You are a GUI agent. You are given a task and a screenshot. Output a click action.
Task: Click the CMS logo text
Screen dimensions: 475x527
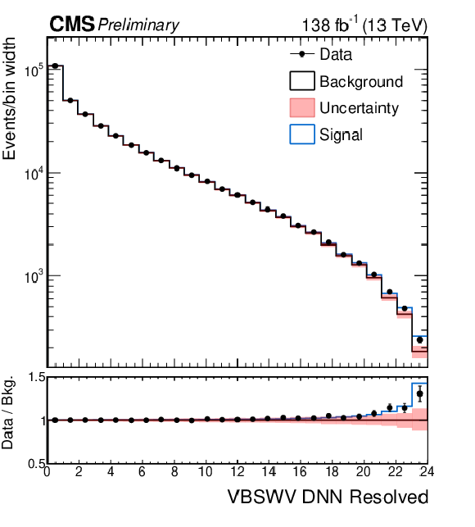coord(72,25)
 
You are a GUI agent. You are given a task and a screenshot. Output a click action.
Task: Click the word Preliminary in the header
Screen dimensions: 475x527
coord(138,25)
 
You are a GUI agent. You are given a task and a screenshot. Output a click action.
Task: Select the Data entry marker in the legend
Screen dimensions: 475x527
coord(301,54)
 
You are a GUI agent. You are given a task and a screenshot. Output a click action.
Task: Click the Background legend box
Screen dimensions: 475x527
coord(302,80)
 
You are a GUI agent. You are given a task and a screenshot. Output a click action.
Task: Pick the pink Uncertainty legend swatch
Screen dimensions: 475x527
coord(302,107)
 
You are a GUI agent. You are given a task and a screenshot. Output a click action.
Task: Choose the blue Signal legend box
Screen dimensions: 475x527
coord(302,134)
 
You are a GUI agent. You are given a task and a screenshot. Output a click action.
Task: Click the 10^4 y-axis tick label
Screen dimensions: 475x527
coord(34,174)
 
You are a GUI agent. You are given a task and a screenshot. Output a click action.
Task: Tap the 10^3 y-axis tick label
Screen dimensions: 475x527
coord(34,276)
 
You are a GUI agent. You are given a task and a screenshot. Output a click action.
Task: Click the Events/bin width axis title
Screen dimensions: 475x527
coord(9,98)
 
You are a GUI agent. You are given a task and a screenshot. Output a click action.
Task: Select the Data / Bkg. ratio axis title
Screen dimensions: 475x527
coord(8,412)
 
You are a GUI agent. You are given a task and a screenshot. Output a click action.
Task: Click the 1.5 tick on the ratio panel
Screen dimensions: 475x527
coord(36,377)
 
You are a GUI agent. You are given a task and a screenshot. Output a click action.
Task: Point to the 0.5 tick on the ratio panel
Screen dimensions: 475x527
coord(36,464)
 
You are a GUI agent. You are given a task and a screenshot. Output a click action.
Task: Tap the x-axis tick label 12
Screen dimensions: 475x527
coord(237,472)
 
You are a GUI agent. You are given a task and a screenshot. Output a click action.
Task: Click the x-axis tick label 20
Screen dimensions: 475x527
coord(363,472)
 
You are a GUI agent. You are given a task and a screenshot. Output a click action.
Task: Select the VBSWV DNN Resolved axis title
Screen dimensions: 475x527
coord(328,497)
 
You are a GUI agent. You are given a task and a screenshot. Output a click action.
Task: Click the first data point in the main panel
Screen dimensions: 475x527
coord(56,66)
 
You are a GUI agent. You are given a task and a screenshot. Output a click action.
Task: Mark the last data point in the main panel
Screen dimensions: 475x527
coord(419,340)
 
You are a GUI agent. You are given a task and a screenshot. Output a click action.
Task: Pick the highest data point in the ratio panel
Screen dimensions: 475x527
coord(419,393)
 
